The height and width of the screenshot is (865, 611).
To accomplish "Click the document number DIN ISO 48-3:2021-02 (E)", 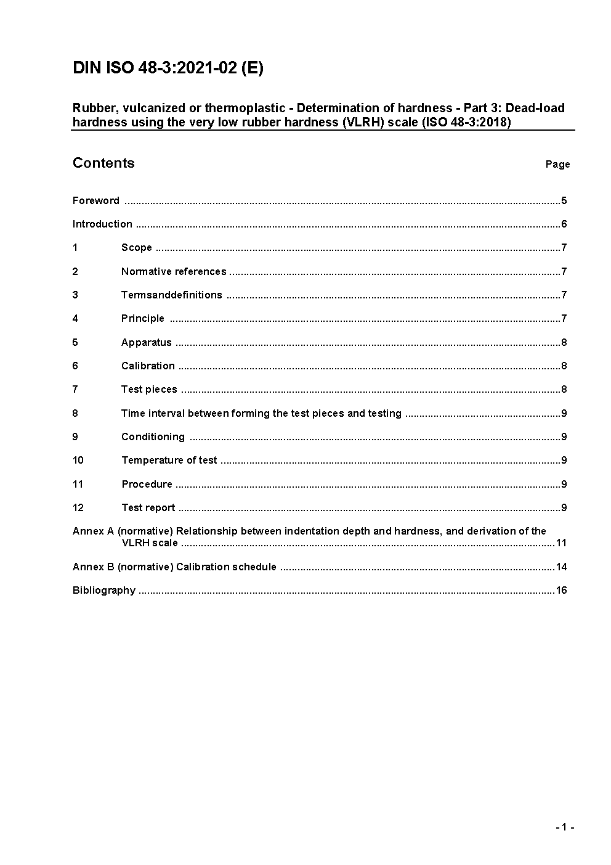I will pos(168,68).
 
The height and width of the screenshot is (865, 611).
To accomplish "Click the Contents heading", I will pos(103,163).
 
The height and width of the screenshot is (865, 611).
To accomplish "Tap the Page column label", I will pos(557,164).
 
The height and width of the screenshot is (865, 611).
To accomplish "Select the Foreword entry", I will pos(96,200).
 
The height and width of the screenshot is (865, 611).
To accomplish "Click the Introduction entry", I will pos(102,224).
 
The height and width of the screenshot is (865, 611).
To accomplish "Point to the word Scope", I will pos(136,247).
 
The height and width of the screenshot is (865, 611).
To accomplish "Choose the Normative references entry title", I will pos(174,271).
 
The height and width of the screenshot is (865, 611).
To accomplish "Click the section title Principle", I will pos(143,318).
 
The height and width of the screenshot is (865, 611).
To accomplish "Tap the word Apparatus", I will pos(147,342).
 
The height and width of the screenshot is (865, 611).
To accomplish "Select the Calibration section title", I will pos(148,366).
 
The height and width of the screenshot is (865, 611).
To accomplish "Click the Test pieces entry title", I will pos(149,389).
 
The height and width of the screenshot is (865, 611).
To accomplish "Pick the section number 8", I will pos(75,413).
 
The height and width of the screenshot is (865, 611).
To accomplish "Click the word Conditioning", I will pos(153,437).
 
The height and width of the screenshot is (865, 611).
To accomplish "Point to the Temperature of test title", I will pos(169,460).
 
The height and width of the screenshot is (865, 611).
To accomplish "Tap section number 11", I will pos(78,484).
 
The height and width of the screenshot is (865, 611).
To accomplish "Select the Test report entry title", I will pos(148,507).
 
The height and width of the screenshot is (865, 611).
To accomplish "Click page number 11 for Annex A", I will pos(561,543).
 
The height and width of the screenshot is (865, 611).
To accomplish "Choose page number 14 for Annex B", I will pos(561,567).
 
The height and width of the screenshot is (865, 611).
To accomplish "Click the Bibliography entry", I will pos(104,590).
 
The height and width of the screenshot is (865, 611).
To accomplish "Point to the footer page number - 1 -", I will pos(565,827).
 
